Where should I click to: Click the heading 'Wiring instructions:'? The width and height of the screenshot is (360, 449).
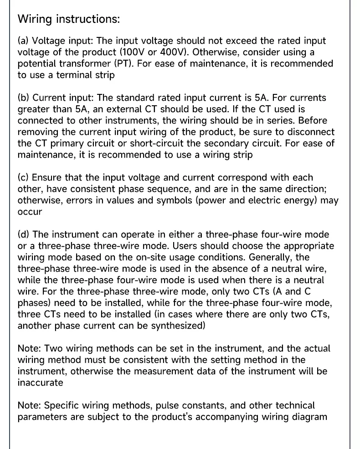pos(68,19)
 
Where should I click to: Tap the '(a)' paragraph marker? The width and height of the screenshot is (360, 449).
pos(24,41)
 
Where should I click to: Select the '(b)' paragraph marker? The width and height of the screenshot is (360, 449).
pos(24,98)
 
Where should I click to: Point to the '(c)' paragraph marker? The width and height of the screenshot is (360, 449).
pos(23,178)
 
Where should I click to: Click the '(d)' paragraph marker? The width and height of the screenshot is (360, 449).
pos(24,235)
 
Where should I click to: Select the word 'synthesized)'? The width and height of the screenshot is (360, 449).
pos(176,326)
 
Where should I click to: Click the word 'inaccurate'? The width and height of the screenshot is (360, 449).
pos(40,383)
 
